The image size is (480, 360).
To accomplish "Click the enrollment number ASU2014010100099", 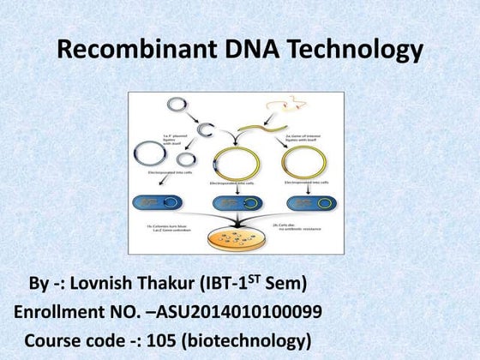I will click(x=237, y=312).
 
